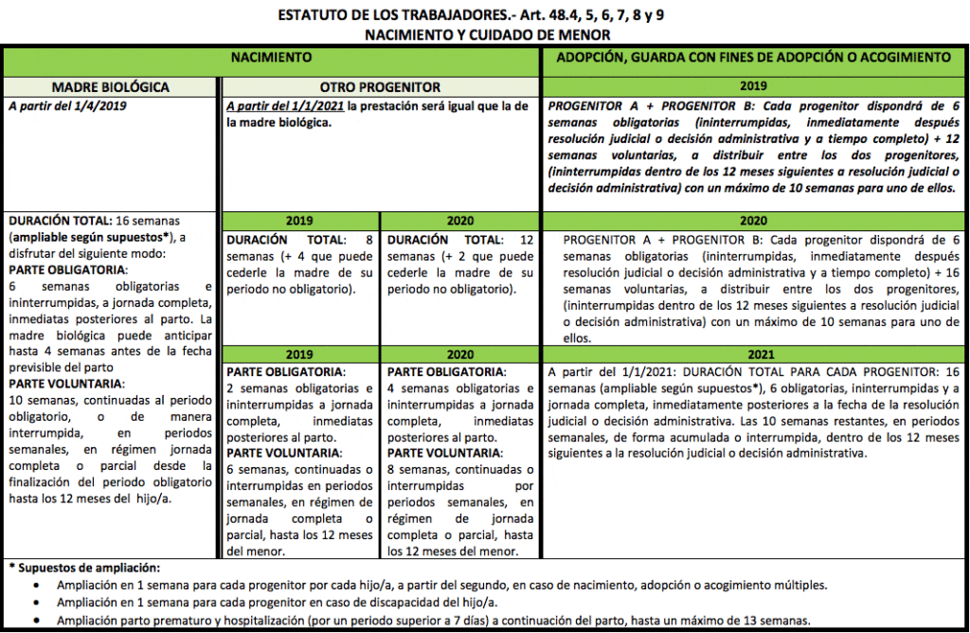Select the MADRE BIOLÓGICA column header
coord(110,87)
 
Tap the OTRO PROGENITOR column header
coord(379,87)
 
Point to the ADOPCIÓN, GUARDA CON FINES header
coord(753,58)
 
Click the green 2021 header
coord(753,353)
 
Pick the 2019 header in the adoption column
coord(753,85)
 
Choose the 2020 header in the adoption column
coord(753,220)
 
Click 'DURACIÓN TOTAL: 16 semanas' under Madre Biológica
coord(109,220)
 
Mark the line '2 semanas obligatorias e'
coord(300,389)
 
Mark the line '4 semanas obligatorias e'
coord(460,389)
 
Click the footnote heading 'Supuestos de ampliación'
coord(87,568)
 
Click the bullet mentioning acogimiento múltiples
coord(441,585)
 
